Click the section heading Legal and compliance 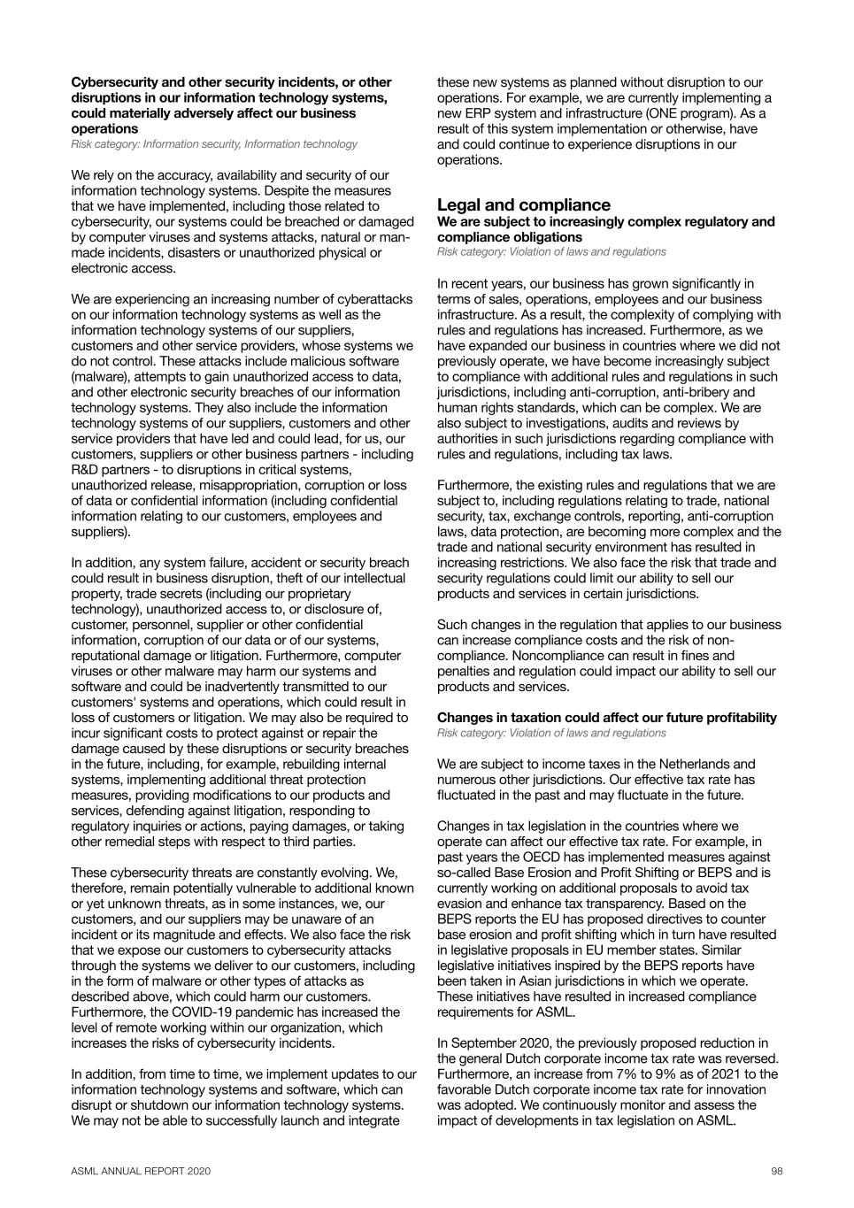pyautogui.click(x=523, y=204)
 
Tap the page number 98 pyautogui.click(x=776, y=1171)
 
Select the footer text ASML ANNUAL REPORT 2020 pyautogui.click(x=141, y=1171)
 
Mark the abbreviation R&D pyautogui.click(x=86, y=469)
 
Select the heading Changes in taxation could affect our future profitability pyautogui.click(x=606, y=717)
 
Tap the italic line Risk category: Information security pyautogui.click(x=155, y=143)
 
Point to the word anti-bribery pyautogui.click(x=698, y=392)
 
